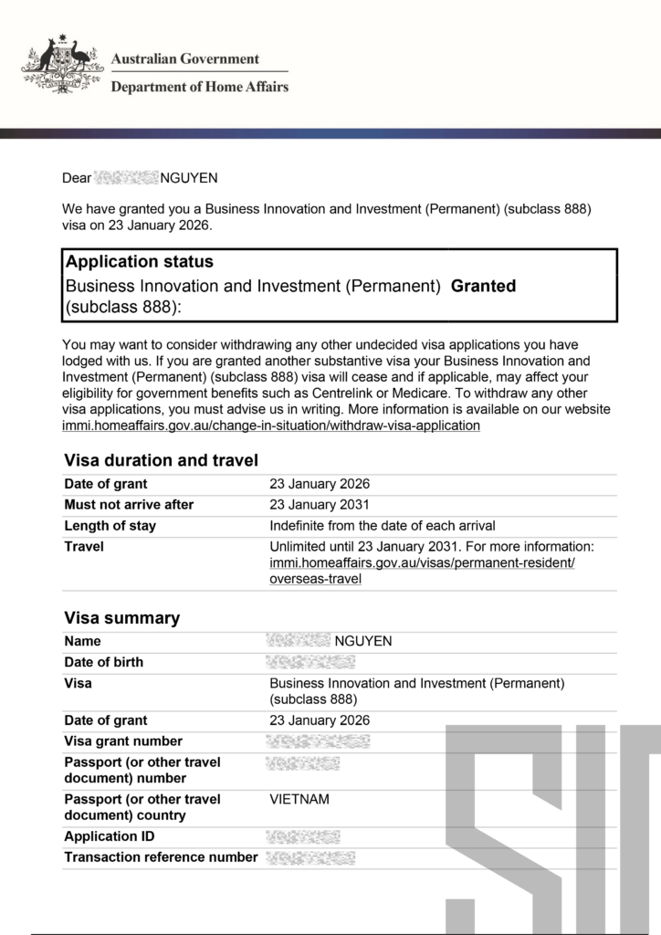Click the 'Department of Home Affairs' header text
pos(199,87)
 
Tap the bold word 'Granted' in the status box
pos(484,286)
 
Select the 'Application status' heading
pos(140,262)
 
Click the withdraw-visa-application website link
pos(271,425)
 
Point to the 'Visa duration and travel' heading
pos(162,460)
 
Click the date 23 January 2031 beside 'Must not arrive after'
pos(320,504)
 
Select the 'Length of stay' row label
pos(110,525)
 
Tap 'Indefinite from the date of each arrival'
pos(383,525)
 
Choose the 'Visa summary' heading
pos(122,618)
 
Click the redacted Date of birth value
pos(310,662)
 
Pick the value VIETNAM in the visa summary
pos(299,799)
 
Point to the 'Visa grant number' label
pos(123,741)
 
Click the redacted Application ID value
pos(303,836)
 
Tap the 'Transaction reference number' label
pos(161,856)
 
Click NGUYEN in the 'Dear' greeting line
pos(189,177)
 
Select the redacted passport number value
pos(303,762)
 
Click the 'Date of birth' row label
pos(103,662)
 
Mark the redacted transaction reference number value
pos(310,856)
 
